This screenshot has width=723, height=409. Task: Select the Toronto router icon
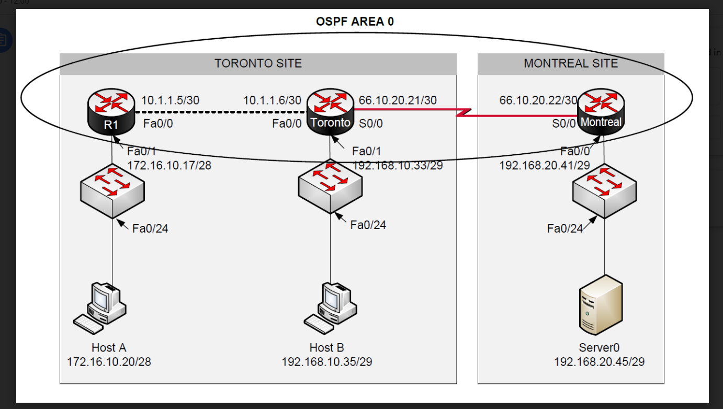pos(330,111)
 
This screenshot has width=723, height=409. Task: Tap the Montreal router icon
pos(601,111)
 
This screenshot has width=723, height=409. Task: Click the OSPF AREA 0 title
pos(355,21)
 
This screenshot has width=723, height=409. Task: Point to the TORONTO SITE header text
pos(258,64)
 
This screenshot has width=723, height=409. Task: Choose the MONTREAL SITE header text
pos(571,64)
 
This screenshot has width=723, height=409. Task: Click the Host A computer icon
pos(100,308)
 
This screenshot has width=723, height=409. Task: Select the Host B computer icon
pos(331,308)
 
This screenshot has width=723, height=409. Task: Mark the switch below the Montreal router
pos(604,190)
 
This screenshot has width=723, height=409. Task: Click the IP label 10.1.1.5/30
pos(170,100)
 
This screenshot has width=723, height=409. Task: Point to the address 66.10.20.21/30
pos(398,100)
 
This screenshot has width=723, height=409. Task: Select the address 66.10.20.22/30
pos(538,100)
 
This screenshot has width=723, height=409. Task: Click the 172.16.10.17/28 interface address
pos(169,166)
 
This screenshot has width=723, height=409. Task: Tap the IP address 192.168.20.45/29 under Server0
pos(599,361)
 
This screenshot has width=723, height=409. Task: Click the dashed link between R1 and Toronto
pos(220,112)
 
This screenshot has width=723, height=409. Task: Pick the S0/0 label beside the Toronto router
pos(371,123)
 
